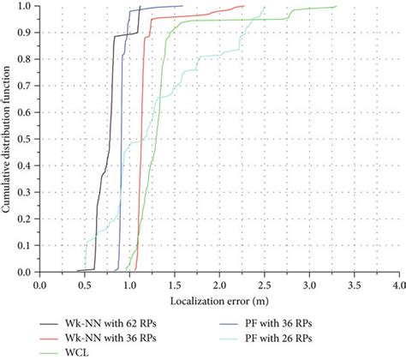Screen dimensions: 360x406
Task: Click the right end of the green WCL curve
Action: pos(336,6)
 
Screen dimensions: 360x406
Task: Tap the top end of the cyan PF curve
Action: pos(265,7)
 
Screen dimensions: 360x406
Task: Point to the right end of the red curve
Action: pos(244,6)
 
